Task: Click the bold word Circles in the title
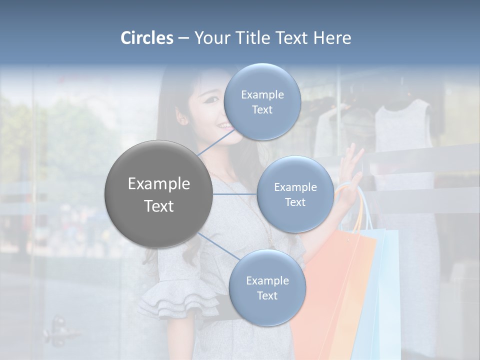pos(147,38)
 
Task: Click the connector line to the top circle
pos(215,141)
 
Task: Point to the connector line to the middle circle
pos(235,194)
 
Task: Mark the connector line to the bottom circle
pos(218,247)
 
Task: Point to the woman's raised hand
pos(353,162)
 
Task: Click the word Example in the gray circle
pos(158,184)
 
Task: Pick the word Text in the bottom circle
pos(267,295)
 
